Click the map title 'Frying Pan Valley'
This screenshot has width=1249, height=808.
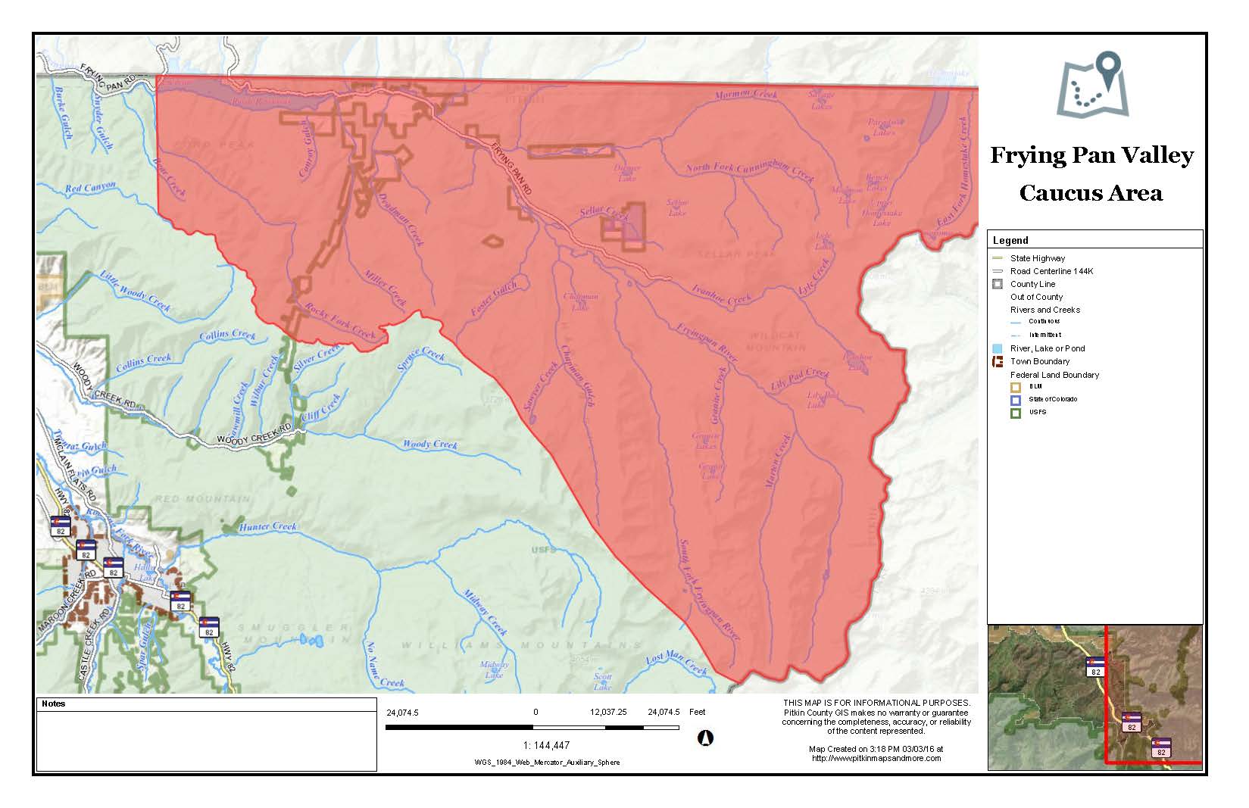click(1091, 155)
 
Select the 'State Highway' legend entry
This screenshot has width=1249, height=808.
click(1037, 258)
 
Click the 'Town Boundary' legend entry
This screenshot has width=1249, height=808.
click(1039, 361)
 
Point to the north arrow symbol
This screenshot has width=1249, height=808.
click(705, 737)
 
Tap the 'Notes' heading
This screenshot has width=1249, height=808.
click(54, 703)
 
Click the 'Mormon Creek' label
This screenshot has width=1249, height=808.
click(746, 95)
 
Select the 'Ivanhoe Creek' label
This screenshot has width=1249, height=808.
click(721, 295)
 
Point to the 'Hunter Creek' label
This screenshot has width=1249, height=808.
click(268, 526)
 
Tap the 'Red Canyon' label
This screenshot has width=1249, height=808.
click(90, 187)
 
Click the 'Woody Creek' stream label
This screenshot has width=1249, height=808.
click(429, 445)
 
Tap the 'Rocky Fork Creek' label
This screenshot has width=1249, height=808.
click(340, 321)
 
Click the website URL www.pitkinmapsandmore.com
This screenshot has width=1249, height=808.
click(876, 757)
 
